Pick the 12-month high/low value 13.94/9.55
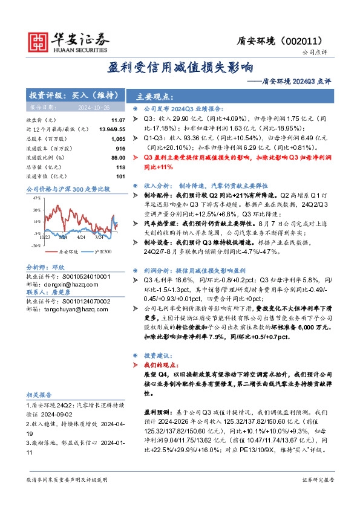coord(113,130)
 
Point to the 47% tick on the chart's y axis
coord(36,198)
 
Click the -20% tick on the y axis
coord(36,245)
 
